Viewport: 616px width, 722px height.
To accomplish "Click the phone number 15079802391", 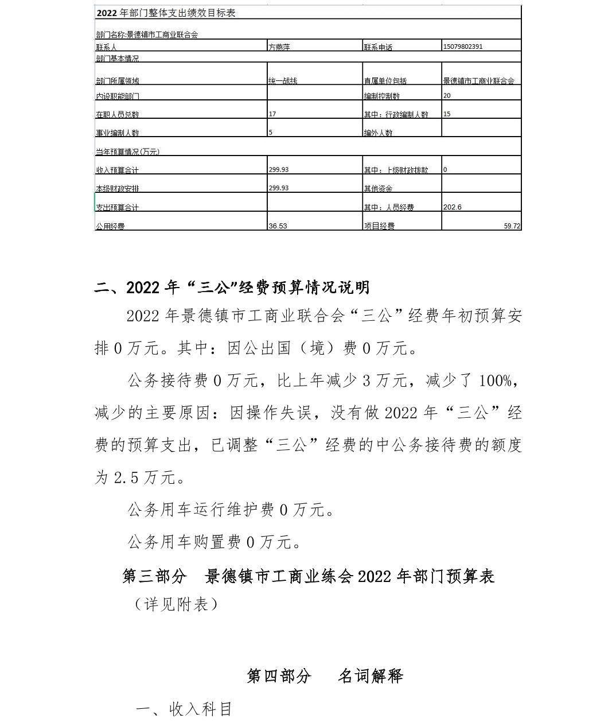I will point(462,46).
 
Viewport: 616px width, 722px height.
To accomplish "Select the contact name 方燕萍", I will point(279,47).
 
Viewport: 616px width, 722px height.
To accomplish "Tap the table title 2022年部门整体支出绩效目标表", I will point(166,13).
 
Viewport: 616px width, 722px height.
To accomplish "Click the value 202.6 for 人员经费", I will point(452,207).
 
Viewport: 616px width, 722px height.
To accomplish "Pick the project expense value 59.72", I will point(512,226).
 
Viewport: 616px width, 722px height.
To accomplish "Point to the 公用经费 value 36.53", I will point(278,226).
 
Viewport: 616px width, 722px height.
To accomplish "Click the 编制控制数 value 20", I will point(447,96).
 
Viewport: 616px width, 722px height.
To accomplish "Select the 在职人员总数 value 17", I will point(272,114).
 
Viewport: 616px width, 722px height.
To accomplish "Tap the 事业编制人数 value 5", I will point(271,133).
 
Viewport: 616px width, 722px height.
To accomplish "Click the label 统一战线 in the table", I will point(283,81).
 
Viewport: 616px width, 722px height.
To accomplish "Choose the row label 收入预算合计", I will point(117,170).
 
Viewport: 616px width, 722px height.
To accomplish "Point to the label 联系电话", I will point(378,47).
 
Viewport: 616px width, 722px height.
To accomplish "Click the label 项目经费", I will point(379,226).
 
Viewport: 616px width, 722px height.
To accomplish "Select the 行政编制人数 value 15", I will point(447,114).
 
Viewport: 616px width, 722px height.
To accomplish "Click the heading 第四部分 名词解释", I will point(325,676).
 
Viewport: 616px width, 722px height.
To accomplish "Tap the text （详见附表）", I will point(176,604).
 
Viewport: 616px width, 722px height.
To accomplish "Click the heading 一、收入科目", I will point(184,709).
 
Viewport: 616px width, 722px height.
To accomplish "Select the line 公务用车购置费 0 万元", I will point(214,542).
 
